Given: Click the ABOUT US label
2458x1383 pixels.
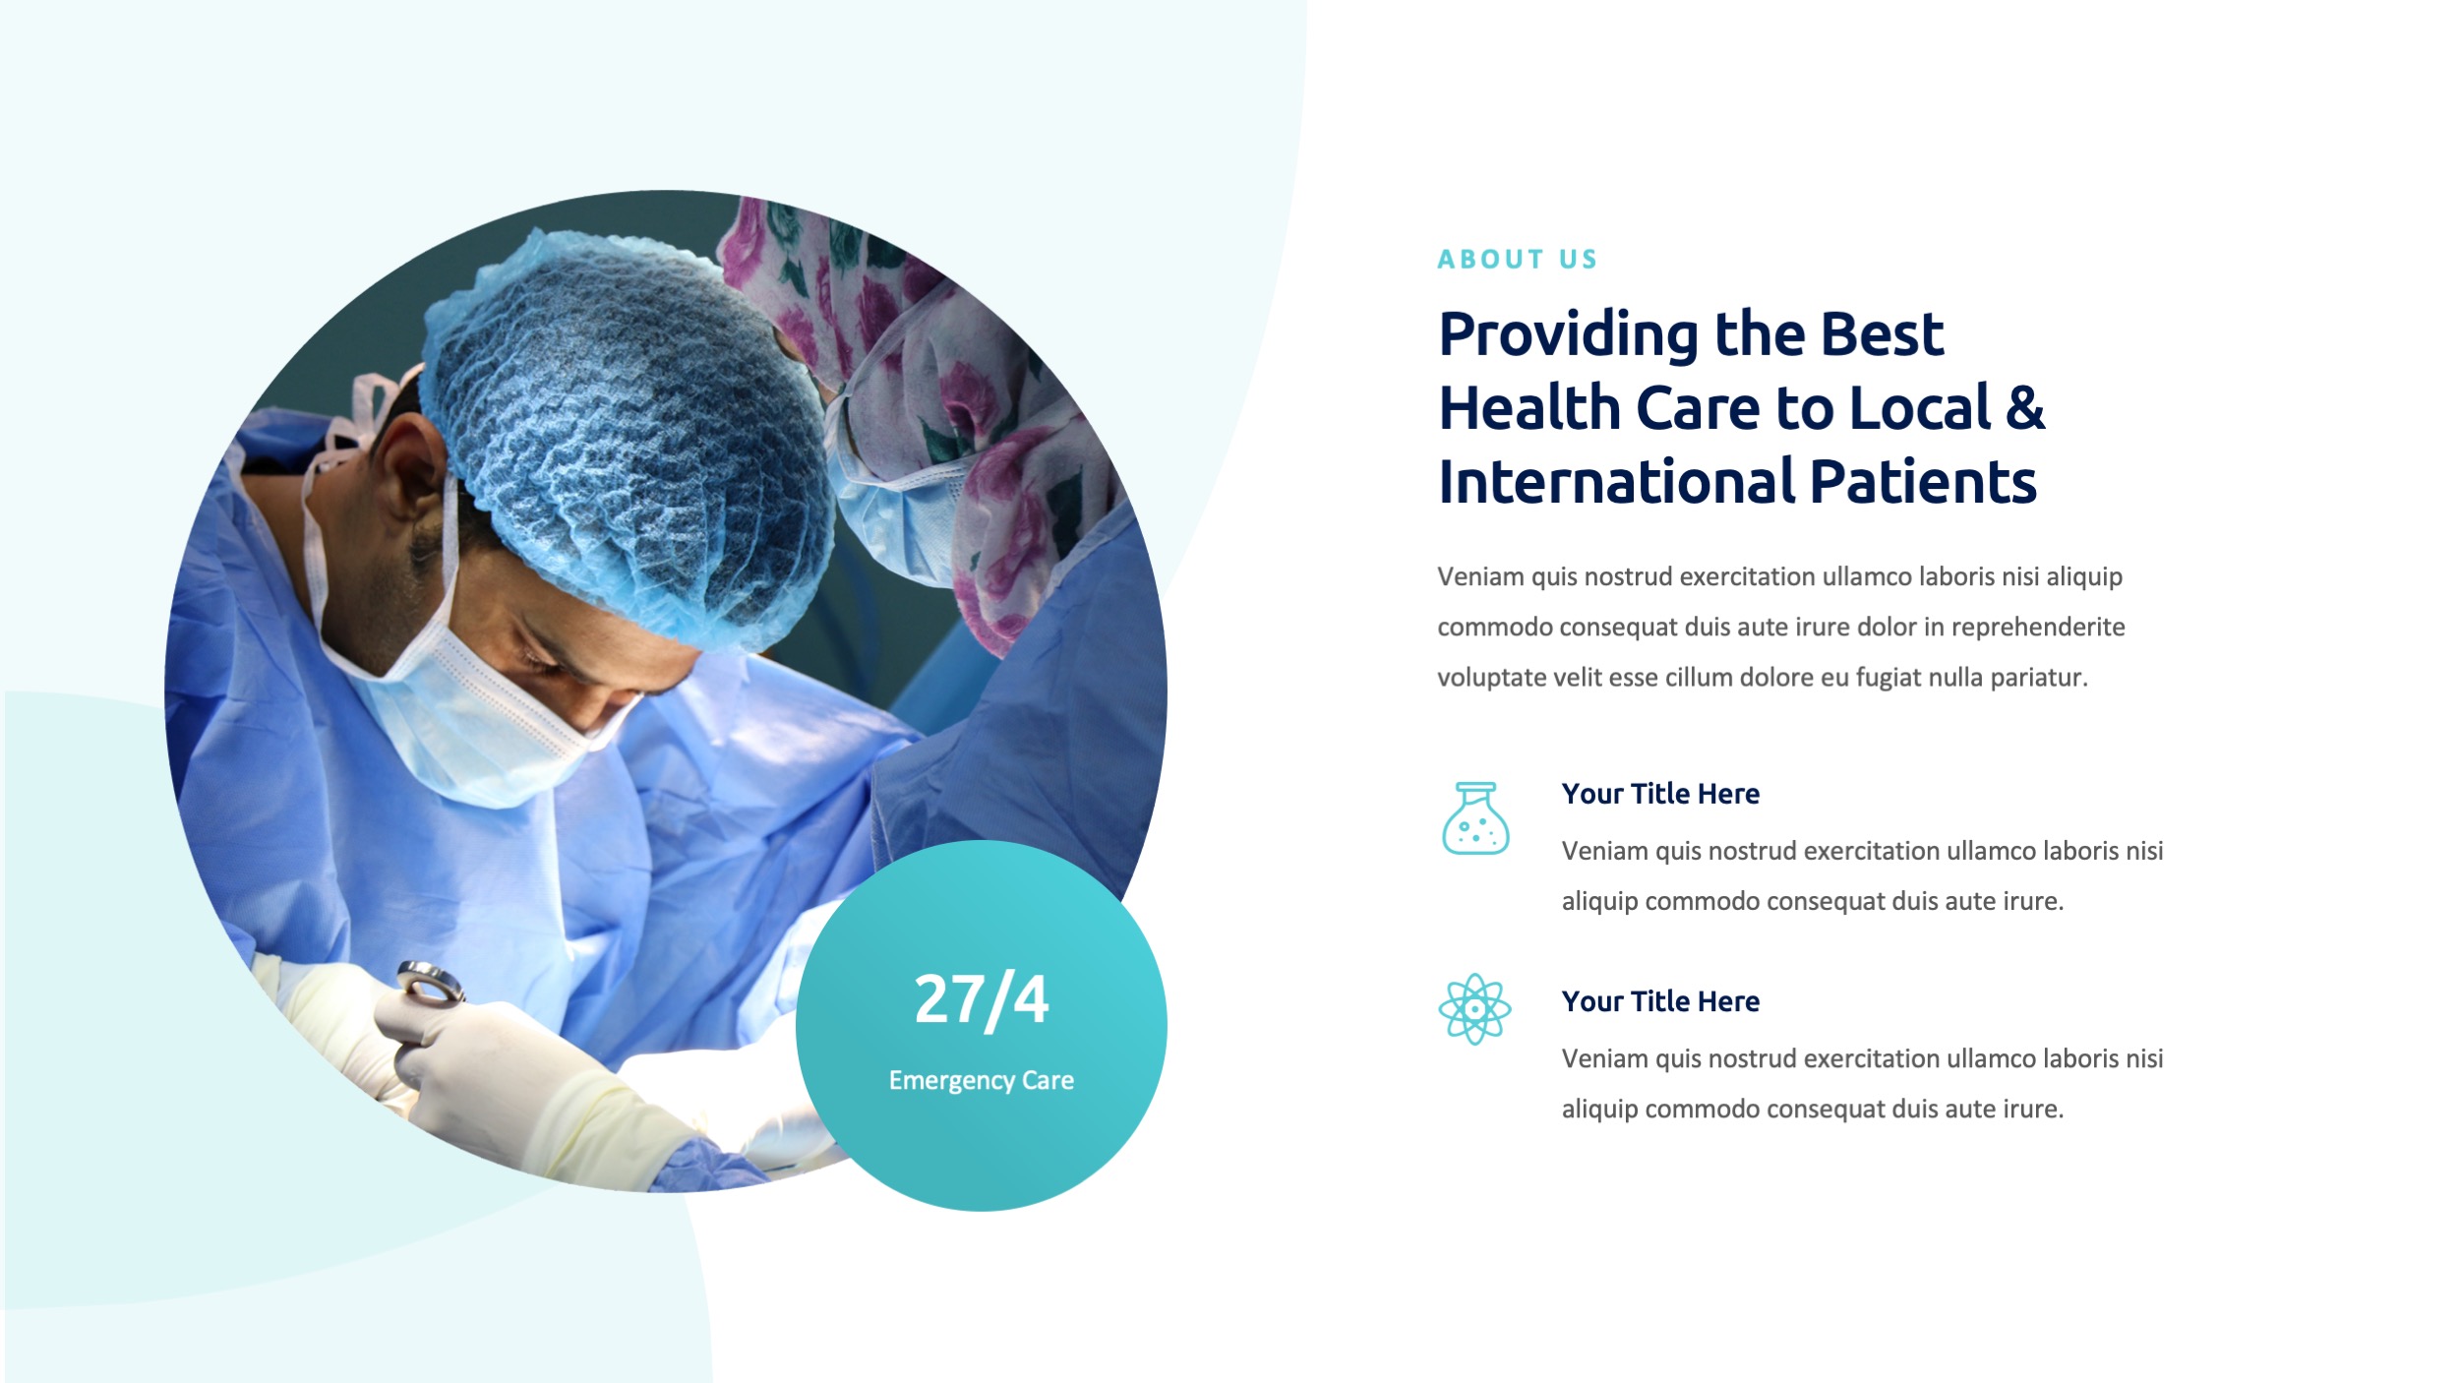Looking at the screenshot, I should click(1517, 260).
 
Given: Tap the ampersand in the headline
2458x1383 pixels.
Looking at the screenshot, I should click(2024, 408).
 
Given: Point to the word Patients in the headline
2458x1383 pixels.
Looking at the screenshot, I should click(1923, 482).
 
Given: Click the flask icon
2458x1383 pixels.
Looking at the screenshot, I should click(1474, 818).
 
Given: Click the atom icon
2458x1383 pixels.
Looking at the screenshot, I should click(1473, 1009).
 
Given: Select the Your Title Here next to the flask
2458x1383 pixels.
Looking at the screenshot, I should click(1660, 794).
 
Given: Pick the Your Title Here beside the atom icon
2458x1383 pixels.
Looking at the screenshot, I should click(1660, 1001).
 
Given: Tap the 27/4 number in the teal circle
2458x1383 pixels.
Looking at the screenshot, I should click(981, 1000).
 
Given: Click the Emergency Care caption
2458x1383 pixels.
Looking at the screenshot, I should click(981, 1080).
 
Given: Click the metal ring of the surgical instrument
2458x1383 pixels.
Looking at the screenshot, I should click(430, 981).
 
